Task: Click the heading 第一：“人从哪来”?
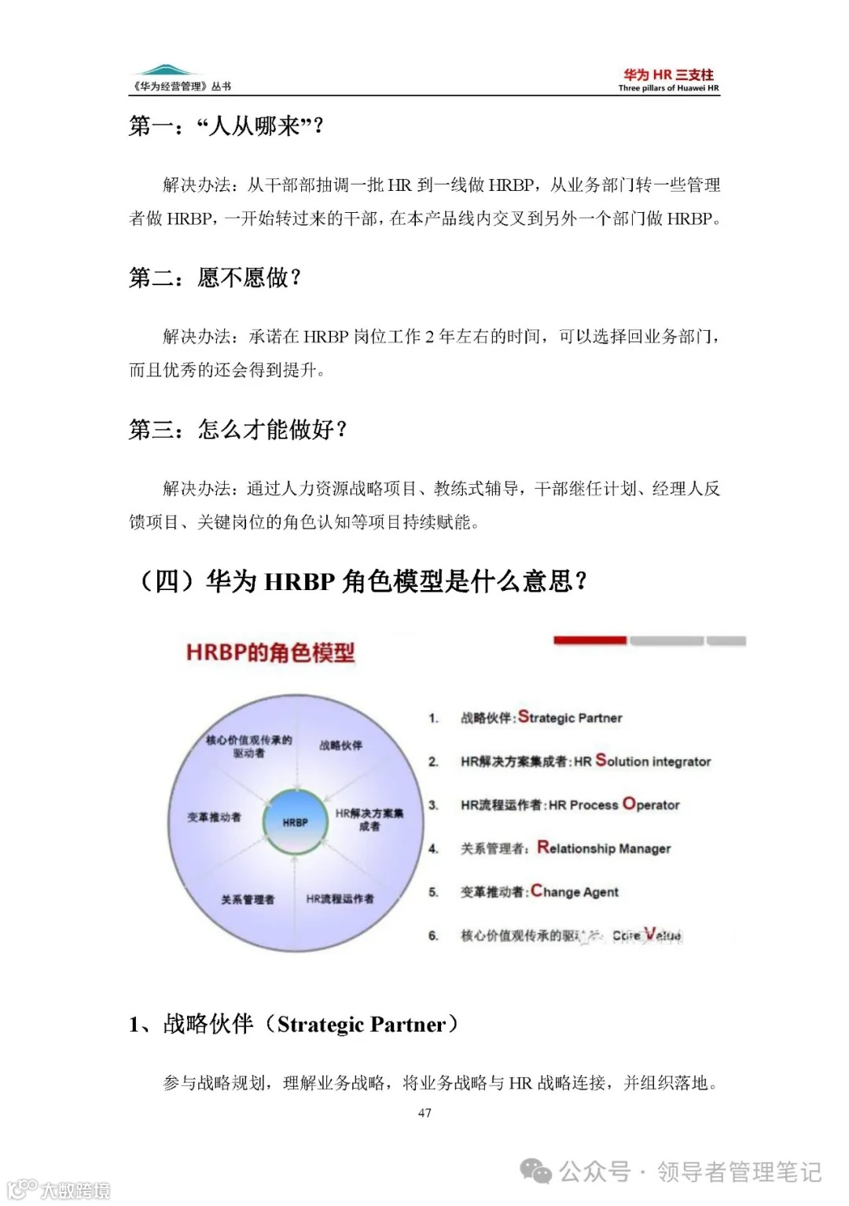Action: pos(226,126)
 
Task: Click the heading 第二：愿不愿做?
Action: pos(215,277)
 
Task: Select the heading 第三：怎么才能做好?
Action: pos(237,430)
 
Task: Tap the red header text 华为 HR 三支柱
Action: pos(668,75)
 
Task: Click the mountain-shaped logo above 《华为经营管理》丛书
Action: pos(164,71)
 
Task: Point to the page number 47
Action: pos(424,1113)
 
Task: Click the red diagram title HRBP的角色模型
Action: pos(270,652)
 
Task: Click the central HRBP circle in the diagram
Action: pos(296,822)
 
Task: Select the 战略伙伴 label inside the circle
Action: pos(340,745)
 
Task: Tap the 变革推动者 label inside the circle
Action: pos(214,817)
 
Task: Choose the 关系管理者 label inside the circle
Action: pos(248,899)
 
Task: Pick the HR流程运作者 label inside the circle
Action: pos(340,898)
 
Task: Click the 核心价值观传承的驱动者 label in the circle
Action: pos(248,746)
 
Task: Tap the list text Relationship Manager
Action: pos(604,848)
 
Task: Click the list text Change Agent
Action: pos(575,891)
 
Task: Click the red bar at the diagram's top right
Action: pos(590,640)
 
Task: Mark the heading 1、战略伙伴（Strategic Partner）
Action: pos(293,1025)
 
